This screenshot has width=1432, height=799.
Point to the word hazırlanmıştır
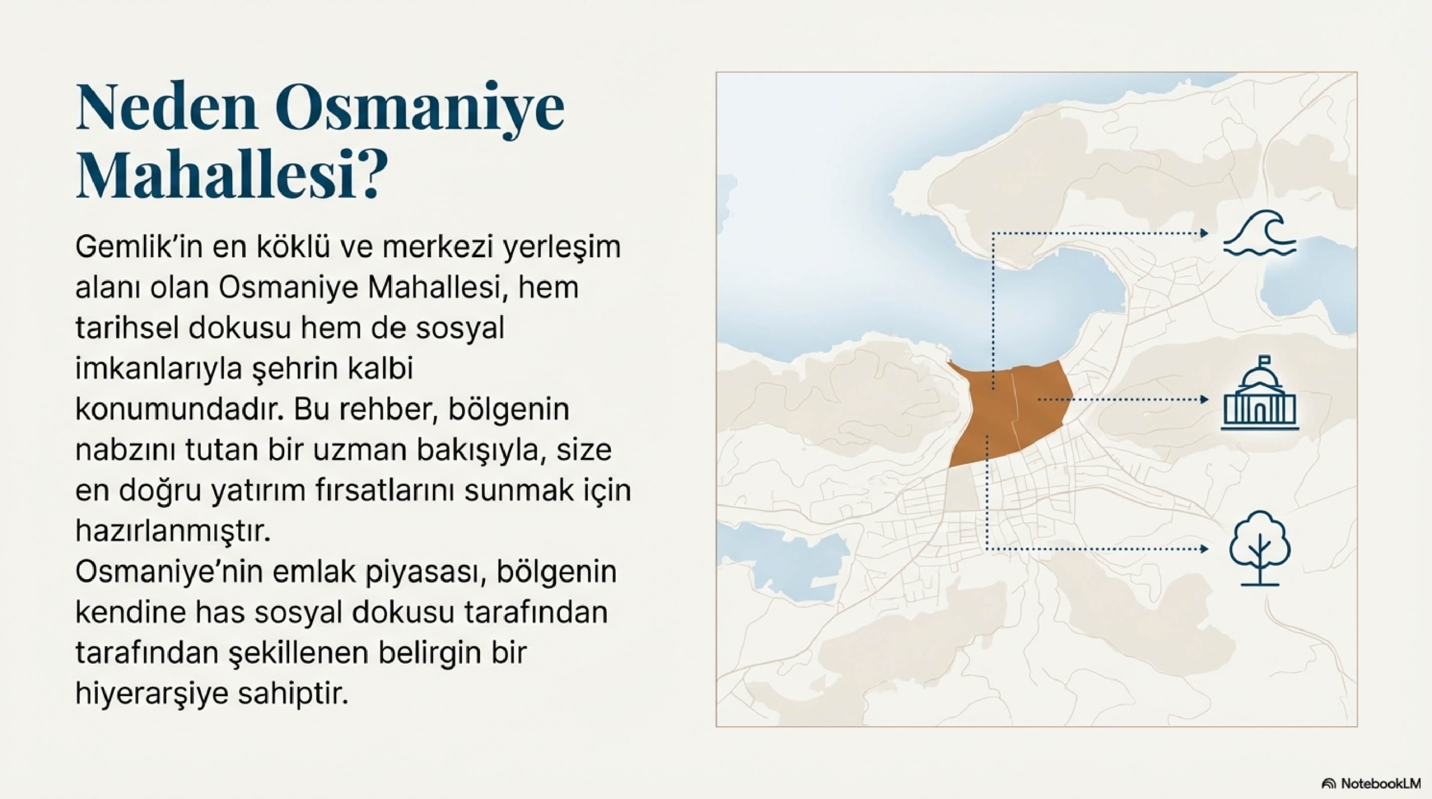pyautogui.click(x=173, y=532)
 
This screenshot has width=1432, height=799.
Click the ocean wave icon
pyautogui.click(x=1259, y=234)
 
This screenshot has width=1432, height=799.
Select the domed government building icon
pyautogui.click(x=1260, y=393)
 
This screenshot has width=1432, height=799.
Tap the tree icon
pyautogui.click(x=1260, y=547)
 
